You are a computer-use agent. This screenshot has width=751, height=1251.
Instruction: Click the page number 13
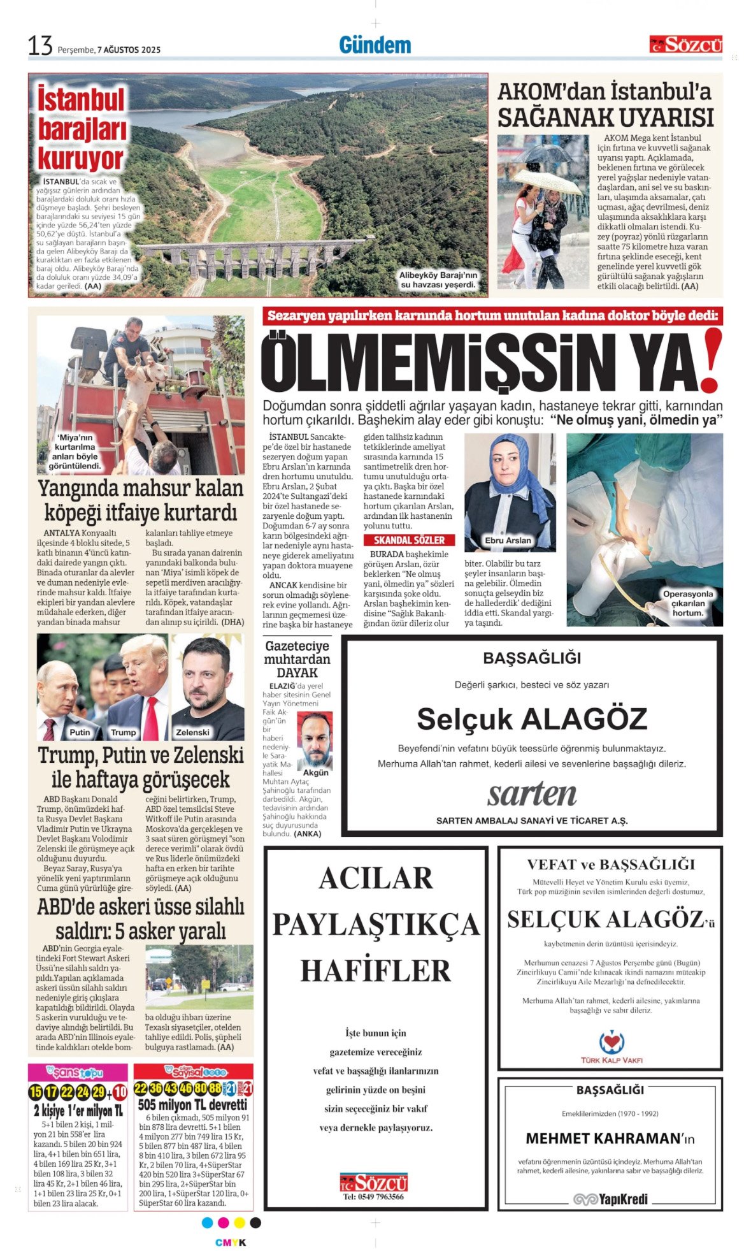click(x=39, y=46)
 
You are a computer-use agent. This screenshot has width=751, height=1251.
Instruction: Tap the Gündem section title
click(x=375, y=45)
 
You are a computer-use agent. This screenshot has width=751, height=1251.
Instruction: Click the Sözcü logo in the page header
click(x=685, y=45)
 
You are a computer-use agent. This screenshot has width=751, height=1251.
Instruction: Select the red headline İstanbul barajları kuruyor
click(x=81, y=129)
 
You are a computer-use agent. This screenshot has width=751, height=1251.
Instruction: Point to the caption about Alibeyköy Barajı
click(x=438, y=279)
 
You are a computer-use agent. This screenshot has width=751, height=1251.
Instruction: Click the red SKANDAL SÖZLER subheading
click(x=409, y=540)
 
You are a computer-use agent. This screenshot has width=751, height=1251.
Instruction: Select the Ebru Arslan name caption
click(x=508, y=540)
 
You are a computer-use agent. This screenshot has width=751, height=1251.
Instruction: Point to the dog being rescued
click(x=144, y=382)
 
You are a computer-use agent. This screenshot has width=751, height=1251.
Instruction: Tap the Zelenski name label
click(x=193, y=732)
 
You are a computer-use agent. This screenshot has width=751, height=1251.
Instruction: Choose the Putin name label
click(x=80, y=732)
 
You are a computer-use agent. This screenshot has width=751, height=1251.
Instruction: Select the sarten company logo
click(x=532, y=793)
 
